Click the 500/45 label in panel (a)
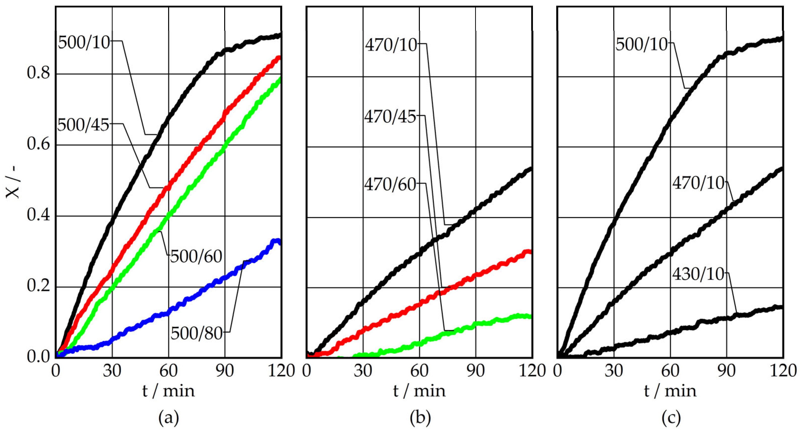83,125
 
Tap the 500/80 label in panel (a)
196,333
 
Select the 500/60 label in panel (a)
196,257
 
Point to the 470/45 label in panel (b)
390,117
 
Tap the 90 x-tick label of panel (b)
475,371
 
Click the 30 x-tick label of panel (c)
614,371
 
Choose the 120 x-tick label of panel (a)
281,371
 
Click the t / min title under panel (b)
419,391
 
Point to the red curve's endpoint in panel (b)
530,252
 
